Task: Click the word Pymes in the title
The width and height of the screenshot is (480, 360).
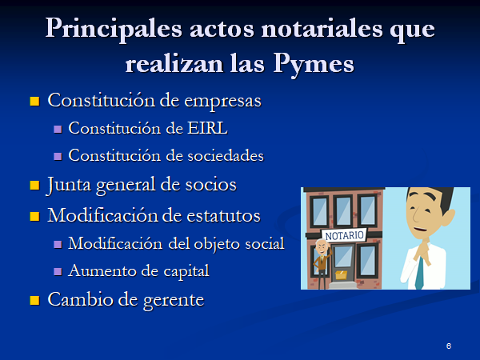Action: click(314, 65)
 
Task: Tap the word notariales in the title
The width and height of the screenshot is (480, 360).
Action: click(322, 29)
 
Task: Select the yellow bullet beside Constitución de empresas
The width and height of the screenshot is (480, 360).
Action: click(34, 101)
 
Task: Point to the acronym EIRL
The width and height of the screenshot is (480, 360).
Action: click(207, 128)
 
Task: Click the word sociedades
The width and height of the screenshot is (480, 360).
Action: click(226, 155)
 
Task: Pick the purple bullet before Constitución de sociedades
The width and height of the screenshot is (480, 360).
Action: click(58, 157)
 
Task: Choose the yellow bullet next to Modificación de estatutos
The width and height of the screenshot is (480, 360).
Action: click(34, 216)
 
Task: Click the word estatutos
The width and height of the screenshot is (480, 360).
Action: click(223, 215)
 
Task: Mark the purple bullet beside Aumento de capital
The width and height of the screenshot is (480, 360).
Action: click(58, 271)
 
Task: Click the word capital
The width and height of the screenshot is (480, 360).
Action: click(186, 271)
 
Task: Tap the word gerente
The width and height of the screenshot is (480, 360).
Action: click(174, 300)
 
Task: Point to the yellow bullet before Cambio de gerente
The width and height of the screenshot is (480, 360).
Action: click(34, 300)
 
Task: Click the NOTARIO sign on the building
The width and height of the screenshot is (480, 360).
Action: click(344, 236)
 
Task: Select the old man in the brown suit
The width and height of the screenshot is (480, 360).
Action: click(322, 264)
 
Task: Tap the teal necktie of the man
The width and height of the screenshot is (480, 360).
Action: click(420, 274)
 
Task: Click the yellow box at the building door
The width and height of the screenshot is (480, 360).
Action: click(341, 274)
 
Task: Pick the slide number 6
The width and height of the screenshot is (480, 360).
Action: click(449, 346)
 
